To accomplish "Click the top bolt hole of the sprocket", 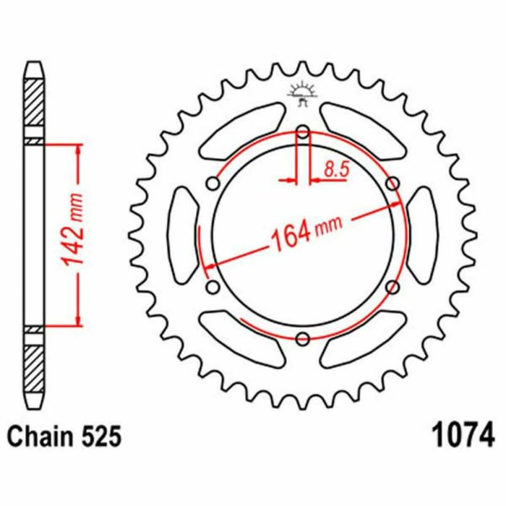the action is click(x=303, y=132).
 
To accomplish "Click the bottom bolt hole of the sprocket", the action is click(x=303, y=338).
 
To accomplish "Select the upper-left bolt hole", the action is click(x=213, y=184).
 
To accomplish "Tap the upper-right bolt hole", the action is click(x=393, y=184).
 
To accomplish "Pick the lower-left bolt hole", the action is click(x=213, y=287).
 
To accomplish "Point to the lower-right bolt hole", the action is click(x=393, y=287).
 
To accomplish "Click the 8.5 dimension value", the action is click(x=337, y=170).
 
